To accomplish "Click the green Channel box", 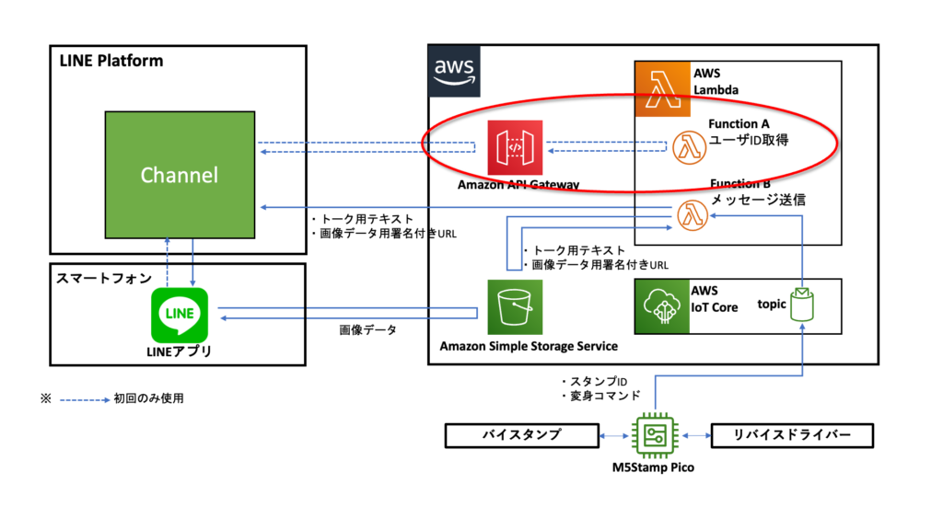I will tap(179, 175).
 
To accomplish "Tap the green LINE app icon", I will tap(179, 314).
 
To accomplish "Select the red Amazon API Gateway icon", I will tap(515, 146).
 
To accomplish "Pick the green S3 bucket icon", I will tap(514, 307).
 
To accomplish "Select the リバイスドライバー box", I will tap(791, 435).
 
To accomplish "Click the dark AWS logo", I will tap(455, 71).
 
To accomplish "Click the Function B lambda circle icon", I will tap(690, 215).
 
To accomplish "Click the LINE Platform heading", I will tap(111, 62).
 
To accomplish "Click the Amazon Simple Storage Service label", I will tap(528, 346).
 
